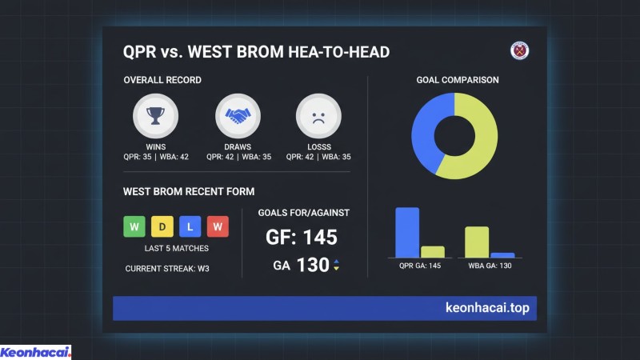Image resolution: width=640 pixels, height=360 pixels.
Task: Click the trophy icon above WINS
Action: [155, 117]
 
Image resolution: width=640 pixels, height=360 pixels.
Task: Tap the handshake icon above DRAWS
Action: [238, 117]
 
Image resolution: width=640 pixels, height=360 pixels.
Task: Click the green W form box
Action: [134, 226]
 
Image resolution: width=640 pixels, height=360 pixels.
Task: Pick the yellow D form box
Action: [162, 226]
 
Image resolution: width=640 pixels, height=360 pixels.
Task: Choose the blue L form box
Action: [190, 226]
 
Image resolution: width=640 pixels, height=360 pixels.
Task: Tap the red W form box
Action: [218, 226]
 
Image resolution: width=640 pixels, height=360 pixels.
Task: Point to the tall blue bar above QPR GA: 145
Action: [407, 232]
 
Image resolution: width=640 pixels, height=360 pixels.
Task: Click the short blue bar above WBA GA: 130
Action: [502, 254]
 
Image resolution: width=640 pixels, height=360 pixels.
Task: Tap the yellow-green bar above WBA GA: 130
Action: [477, 242]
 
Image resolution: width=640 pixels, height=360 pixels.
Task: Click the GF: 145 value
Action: [302, 238]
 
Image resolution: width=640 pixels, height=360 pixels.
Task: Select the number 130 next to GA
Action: [313, 265]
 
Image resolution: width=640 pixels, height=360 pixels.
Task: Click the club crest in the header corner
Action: [521, 51]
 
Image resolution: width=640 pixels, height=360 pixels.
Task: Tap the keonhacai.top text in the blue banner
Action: [486, 307]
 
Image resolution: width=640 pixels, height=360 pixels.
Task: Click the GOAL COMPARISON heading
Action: [458, 80]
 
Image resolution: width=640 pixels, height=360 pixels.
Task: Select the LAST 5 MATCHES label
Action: [177, 249]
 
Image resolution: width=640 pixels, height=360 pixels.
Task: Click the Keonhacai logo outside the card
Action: [35, 352]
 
